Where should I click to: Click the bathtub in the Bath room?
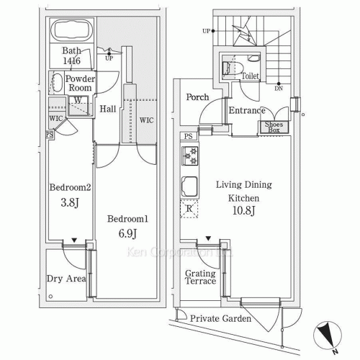(x=72, y=30)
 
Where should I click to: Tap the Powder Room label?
(x=80, y=84)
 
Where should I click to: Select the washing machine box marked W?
(x=78, y=105)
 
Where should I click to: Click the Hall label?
(x=108, y=109)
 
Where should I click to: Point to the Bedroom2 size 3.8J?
(x=70, y=202)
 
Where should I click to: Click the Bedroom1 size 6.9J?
(x=127, y=233)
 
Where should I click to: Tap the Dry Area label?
(x=66, y=279)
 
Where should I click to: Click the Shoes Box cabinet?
(x=274, y=127)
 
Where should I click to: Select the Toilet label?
(x=250, y=76)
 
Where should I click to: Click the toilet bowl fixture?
(x=233, y=68)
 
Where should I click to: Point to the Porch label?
(x=197, y=97)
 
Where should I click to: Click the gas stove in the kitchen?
(x=189, y=156)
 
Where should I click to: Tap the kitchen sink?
(x=189, y=186)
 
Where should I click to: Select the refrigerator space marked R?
(x=189, y=209)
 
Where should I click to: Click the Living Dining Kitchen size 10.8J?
(x=244, y=210)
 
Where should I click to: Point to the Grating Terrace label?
(x=200, y=277)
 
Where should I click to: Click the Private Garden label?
(x=220, y=318)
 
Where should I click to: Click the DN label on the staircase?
(x=279, y=89)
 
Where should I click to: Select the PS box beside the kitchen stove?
(x=189, y=136)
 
